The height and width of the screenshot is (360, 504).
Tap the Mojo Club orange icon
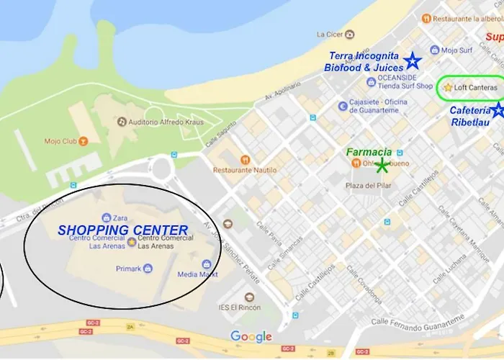[x=84, y=140]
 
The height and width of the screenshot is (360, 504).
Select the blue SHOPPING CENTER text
[x=123, y=230]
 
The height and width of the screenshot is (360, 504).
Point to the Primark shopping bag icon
[x=148, y=269]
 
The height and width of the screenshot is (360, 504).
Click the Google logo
[x=251, y=336]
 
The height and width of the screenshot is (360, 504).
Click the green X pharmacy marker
[x=382, y=166]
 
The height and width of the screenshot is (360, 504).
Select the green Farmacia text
[x=369, y=152]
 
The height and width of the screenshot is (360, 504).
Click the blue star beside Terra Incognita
[x=412, y=60]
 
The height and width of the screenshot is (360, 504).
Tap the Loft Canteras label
[x=475, y=88]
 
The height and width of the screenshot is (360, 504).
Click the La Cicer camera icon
[x=349, y=34]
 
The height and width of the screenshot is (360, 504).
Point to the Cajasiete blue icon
[x=343, y=106]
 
